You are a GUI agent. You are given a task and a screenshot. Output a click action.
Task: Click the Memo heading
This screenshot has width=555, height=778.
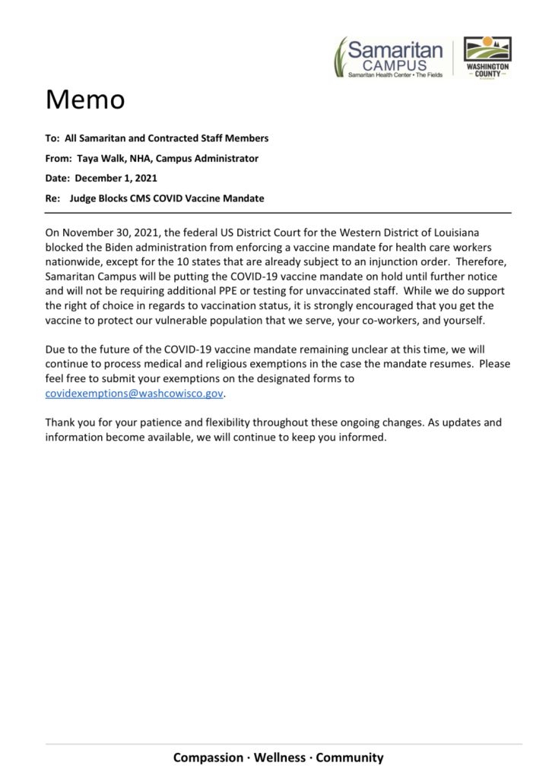[x=85, y=100]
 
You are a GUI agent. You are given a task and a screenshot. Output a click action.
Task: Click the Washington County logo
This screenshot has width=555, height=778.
[x=487, y=57]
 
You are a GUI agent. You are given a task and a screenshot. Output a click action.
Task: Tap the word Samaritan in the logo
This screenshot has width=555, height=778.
[x=395, y=51]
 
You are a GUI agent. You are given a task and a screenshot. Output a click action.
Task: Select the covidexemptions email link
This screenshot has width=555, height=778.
[x=135, y=394]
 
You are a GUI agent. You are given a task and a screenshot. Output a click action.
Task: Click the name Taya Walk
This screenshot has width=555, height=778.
[x=102, y=159]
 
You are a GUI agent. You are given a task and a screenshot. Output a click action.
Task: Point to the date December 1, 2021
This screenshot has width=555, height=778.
[x=116, y=179]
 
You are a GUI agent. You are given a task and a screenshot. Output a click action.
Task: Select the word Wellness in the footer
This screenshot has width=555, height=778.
[x=277, y=757]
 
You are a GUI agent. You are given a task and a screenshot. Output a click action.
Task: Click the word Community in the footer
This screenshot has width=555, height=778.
[x=350, y=757]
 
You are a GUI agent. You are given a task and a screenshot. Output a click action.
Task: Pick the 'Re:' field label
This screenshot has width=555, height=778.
[x=52, y=198]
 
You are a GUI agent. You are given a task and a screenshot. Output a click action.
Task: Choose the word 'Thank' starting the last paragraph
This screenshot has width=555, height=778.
[x=61, y=422]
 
